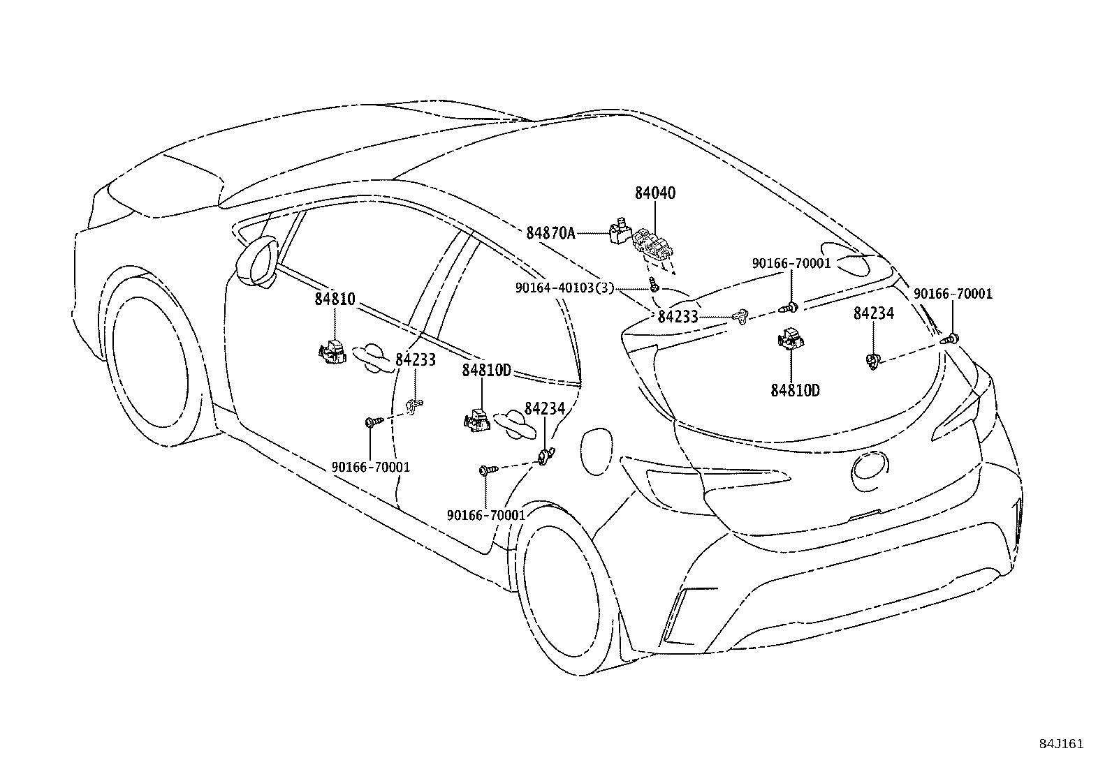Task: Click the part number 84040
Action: click(655, 193)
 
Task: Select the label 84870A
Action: click(550, 232)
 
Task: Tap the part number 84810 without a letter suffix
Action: click(335, 299)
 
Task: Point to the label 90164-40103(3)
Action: click(564, 287)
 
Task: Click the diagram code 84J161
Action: click(1060, 744)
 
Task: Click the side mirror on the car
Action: click(256, 262)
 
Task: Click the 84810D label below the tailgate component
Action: click(795, 390)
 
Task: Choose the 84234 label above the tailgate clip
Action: click(873, 314)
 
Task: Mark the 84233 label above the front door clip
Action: click(415, 360)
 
